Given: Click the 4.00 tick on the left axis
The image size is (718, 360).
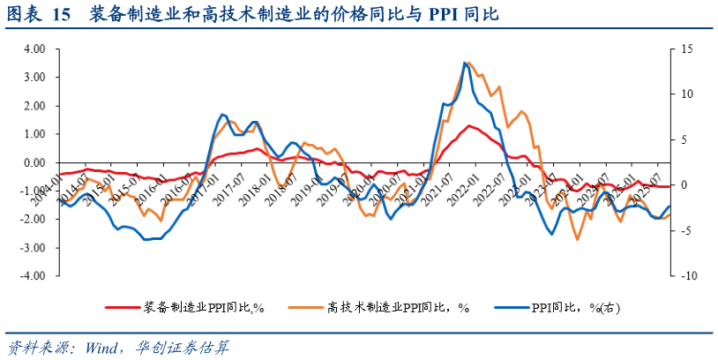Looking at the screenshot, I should click(33, 49).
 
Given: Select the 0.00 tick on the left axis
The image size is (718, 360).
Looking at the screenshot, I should click(33, 162).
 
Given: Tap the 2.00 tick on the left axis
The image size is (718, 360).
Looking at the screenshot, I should click(33, 106).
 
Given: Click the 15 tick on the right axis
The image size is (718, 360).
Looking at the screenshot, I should click(689, 49).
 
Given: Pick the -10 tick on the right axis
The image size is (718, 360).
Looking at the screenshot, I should click(688, 275).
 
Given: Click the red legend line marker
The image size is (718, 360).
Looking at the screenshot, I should click(122, 307).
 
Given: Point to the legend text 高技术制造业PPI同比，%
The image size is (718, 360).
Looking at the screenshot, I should click(398, 307).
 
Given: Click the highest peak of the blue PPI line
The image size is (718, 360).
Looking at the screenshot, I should click(464, 63).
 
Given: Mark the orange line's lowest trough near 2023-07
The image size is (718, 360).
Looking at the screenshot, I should click(578, 239).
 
